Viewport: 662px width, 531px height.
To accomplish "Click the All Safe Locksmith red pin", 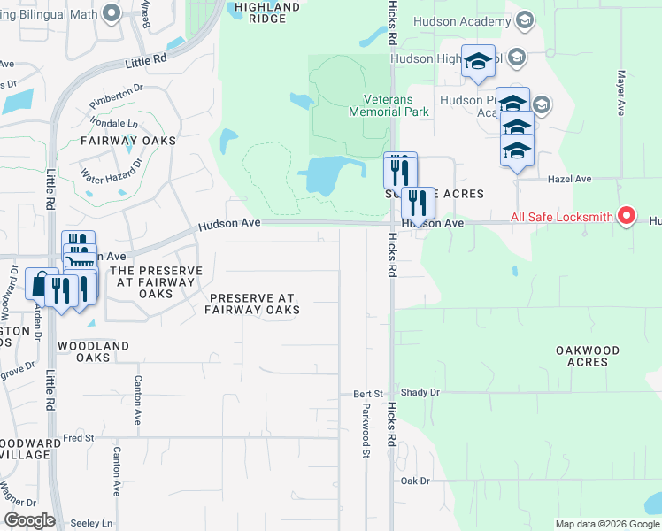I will (x=627, y=215).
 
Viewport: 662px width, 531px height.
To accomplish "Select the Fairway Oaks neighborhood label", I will (x=128, y=141).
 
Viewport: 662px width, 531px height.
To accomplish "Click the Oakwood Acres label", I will (x=587, y=357).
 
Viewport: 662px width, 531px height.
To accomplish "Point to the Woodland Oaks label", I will (x=93, y=351).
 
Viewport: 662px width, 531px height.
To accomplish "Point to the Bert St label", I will (x=367, y=392).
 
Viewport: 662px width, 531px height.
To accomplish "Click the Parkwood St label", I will (x=365, y=430).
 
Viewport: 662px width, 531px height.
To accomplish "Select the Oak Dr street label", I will (x=414, y=481).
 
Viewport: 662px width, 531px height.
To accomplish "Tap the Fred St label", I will (x=78, y=437).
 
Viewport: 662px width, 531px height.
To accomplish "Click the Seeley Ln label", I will (x=93, y=523).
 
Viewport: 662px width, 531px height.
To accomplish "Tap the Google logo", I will (x=29, y=520).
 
